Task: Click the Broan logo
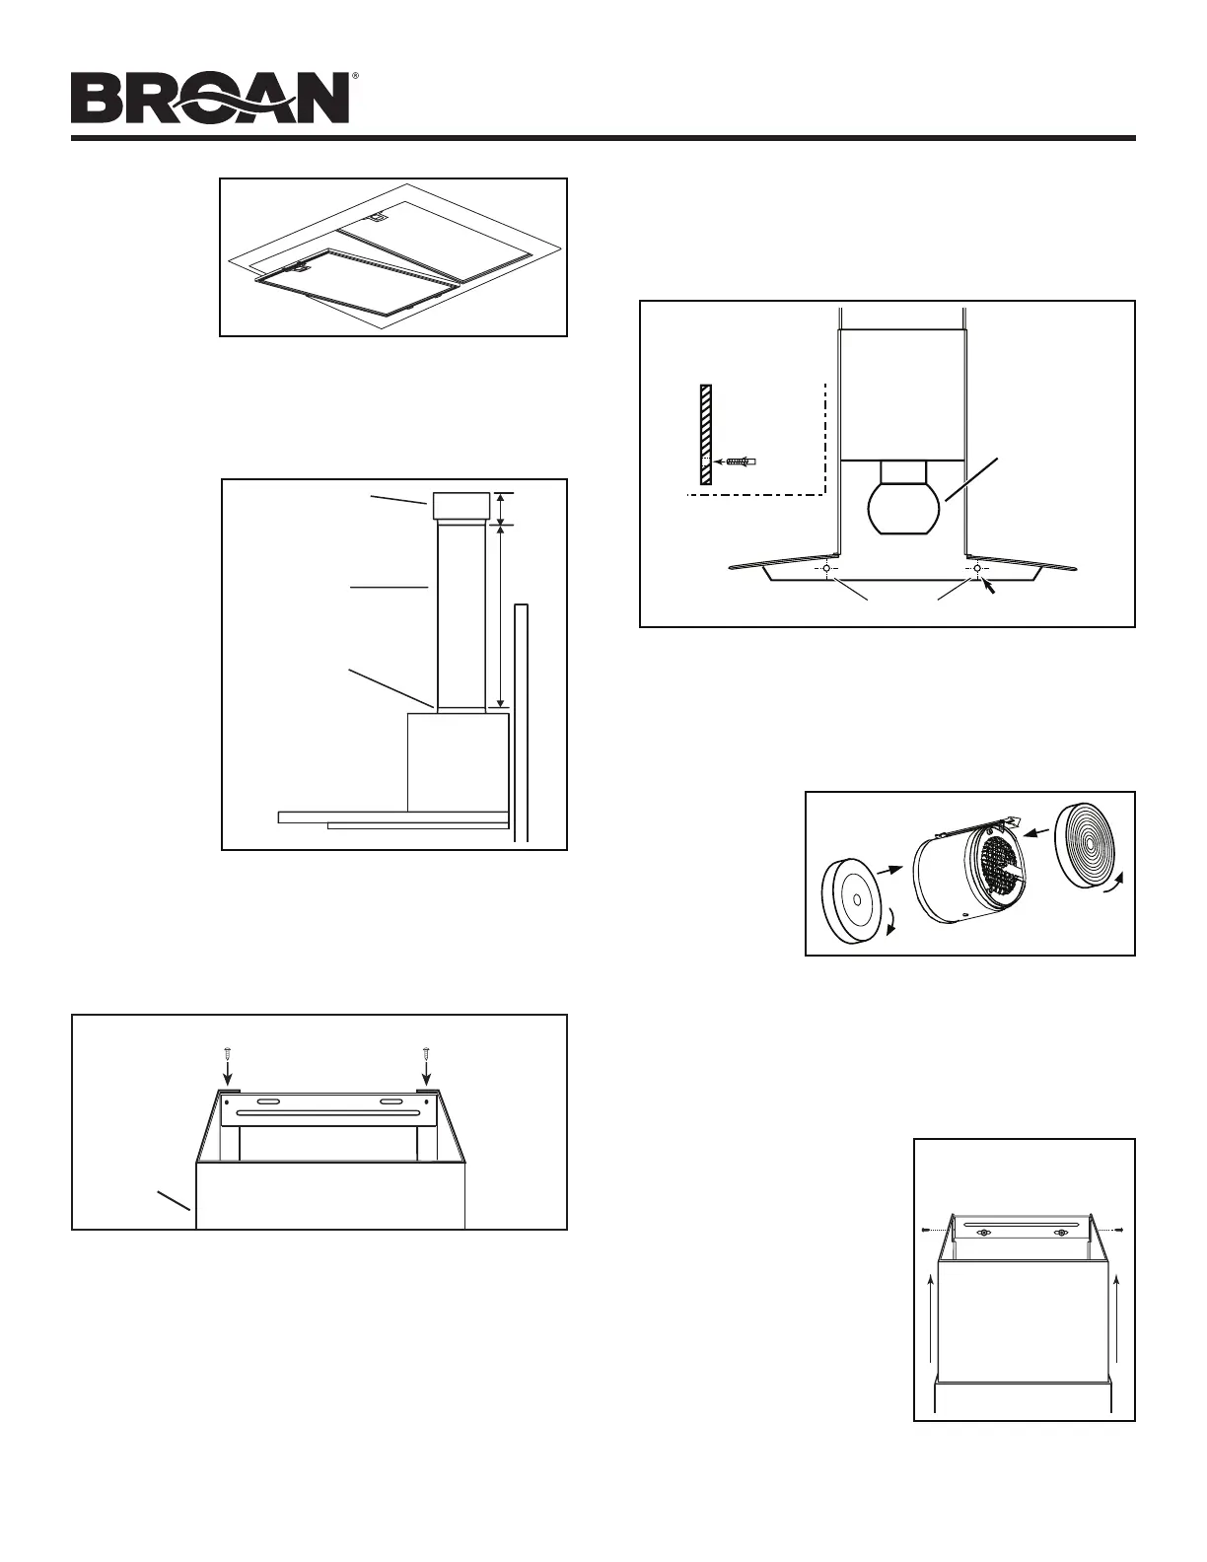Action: (x=210, y=98)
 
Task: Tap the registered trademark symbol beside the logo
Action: (x=354, y=76)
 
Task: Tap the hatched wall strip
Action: (x=705, y=435)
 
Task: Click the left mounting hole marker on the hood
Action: (x=824, y=569)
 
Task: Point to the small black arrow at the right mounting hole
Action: (x=989, y=584)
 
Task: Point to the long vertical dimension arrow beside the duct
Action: (x=502, y=615)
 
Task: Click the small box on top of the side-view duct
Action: (x=460, y=507)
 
